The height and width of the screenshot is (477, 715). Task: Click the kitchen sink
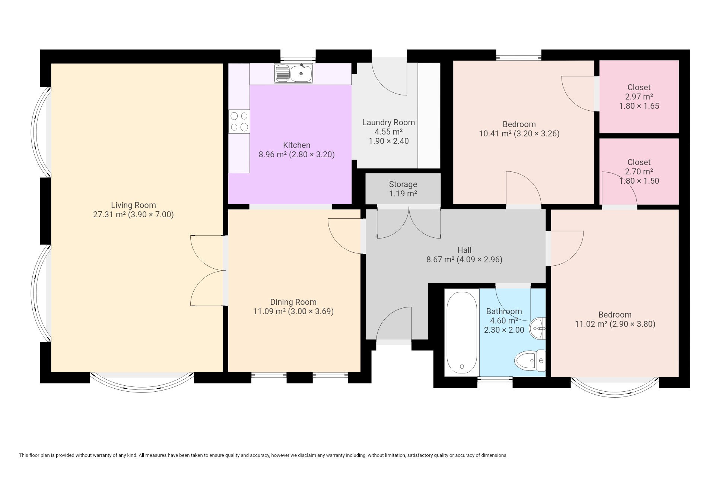point(293,73)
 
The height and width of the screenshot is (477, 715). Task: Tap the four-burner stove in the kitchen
point(239,121)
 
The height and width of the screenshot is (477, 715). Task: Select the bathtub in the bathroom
point(462,332)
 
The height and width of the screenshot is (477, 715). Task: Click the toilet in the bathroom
point(530,361)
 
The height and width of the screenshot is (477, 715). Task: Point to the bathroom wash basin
point(538,329)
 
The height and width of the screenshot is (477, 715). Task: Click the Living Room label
point(133,205)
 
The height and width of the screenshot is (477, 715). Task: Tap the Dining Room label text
point(293,302)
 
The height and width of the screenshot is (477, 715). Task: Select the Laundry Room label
point(388,122)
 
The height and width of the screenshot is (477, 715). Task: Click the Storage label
point(403,184)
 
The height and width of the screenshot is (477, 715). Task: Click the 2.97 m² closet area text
point(639,97)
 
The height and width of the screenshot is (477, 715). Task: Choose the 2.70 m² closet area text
point(639,171)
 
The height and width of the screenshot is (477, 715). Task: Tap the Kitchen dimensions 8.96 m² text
point(272,154)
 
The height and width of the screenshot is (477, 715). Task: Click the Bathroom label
point(504,311)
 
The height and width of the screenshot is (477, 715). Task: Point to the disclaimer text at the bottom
point(263,455)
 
